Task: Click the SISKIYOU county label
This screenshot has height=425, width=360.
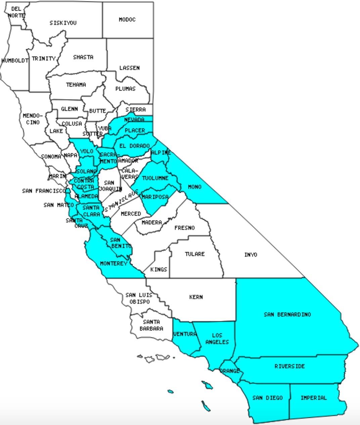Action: point(63,23)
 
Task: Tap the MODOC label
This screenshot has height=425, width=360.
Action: point(127,19)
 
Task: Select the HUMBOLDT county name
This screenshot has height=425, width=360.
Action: point(15,60)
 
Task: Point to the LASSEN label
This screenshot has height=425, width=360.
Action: point(129,68)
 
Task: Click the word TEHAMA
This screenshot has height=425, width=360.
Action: point(76,85)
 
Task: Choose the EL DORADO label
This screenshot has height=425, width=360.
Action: point(134,146)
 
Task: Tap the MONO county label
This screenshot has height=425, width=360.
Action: point(194,187)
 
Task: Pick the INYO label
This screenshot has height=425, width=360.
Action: point(251,255)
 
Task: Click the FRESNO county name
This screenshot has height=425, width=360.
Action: point(184,228)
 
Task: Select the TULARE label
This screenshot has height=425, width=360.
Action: point(194,254)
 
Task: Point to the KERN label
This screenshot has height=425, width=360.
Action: point(196,297)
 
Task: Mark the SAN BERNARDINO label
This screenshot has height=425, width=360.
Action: point(287,314)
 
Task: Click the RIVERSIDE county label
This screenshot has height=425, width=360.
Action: point(289,366)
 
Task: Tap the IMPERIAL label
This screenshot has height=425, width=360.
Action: point(313,398)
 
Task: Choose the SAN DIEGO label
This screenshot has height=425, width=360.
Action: point(267,398)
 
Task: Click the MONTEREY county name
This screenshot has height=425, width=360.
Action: point(114,263)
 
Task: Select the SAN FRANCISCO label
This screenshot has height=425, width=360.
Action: point(44,191)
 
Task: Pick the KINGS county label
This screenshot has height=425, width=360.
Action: point(159,269)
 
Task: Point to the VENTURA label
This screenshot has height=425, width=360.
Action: point(185,334)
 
